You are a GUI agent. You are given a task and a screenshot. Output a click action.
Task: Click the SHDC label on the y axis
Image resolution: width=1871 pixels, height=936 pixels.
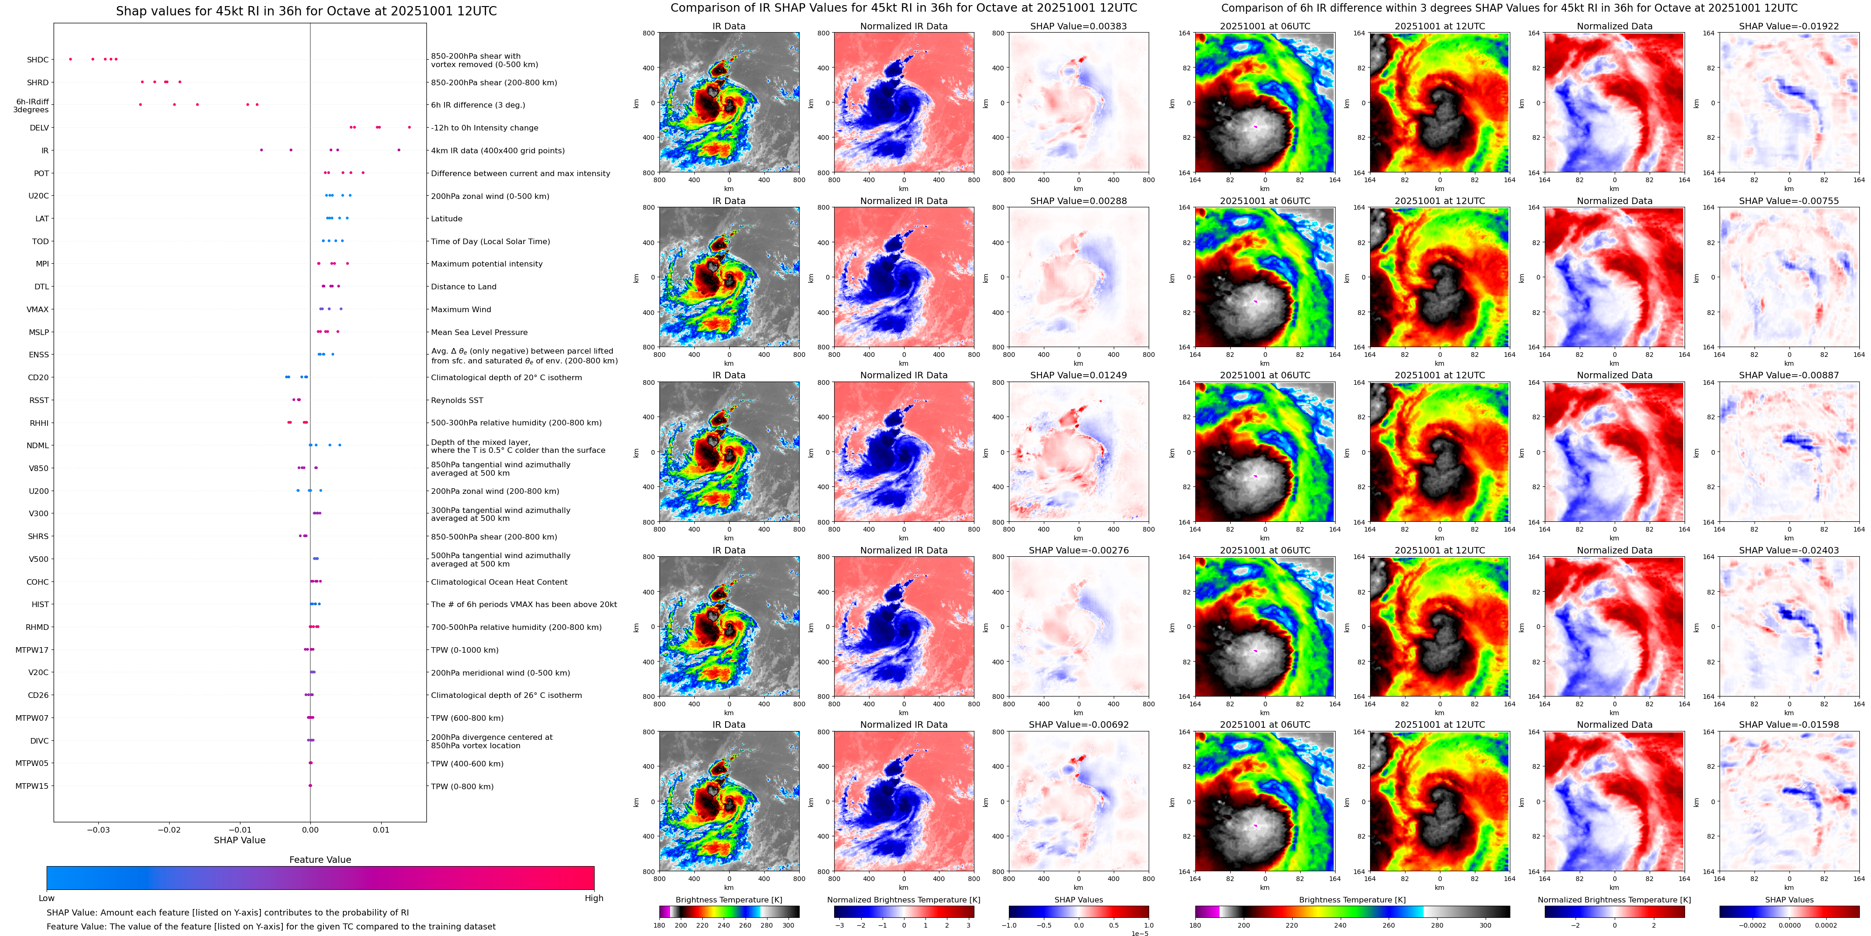coord(38,60)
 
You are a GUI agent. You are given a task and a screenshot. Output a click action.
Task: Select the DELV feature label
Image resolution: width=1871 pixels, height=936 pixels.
coord(39,128)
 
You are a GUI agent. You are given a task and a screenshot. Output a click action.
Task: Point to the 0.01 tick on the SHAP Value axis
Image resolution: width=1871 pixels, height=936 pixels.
coord(381,830)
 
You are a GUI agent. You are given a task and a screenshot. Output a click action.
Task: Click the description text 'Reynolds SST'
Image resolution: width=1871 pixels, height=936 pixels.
coord(457,401)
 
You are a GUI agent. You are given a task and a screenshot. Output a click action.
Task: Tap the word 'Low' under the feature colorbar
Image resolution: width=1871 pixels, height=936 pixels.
coord(47,898)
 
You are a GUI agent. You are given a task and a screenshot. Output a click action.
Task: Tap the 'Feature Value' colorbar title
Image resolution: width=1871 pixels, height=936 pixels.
coord(320,860)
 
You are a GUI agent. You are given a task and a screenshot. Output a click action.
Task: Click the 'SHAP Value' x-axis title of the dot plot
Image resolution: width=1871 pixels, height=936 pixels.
coord(240,840)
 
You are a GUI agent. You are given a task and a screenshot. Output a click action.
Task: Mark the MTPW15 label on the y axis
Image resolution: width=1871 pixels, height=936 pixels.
coord(32,786)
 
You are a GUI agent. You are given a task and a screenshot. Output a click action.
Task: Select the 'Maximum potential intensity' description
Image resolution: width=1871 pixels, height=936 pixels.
coord(487,264)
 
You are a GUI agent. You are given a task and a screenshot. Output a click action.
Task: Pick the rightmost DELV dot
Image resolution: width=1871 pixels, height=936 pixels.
coord(409,127)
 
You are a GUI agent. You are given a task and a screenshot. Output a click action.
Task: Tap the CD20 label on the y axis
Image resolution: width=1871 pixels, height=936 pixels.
coord(39,377)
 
